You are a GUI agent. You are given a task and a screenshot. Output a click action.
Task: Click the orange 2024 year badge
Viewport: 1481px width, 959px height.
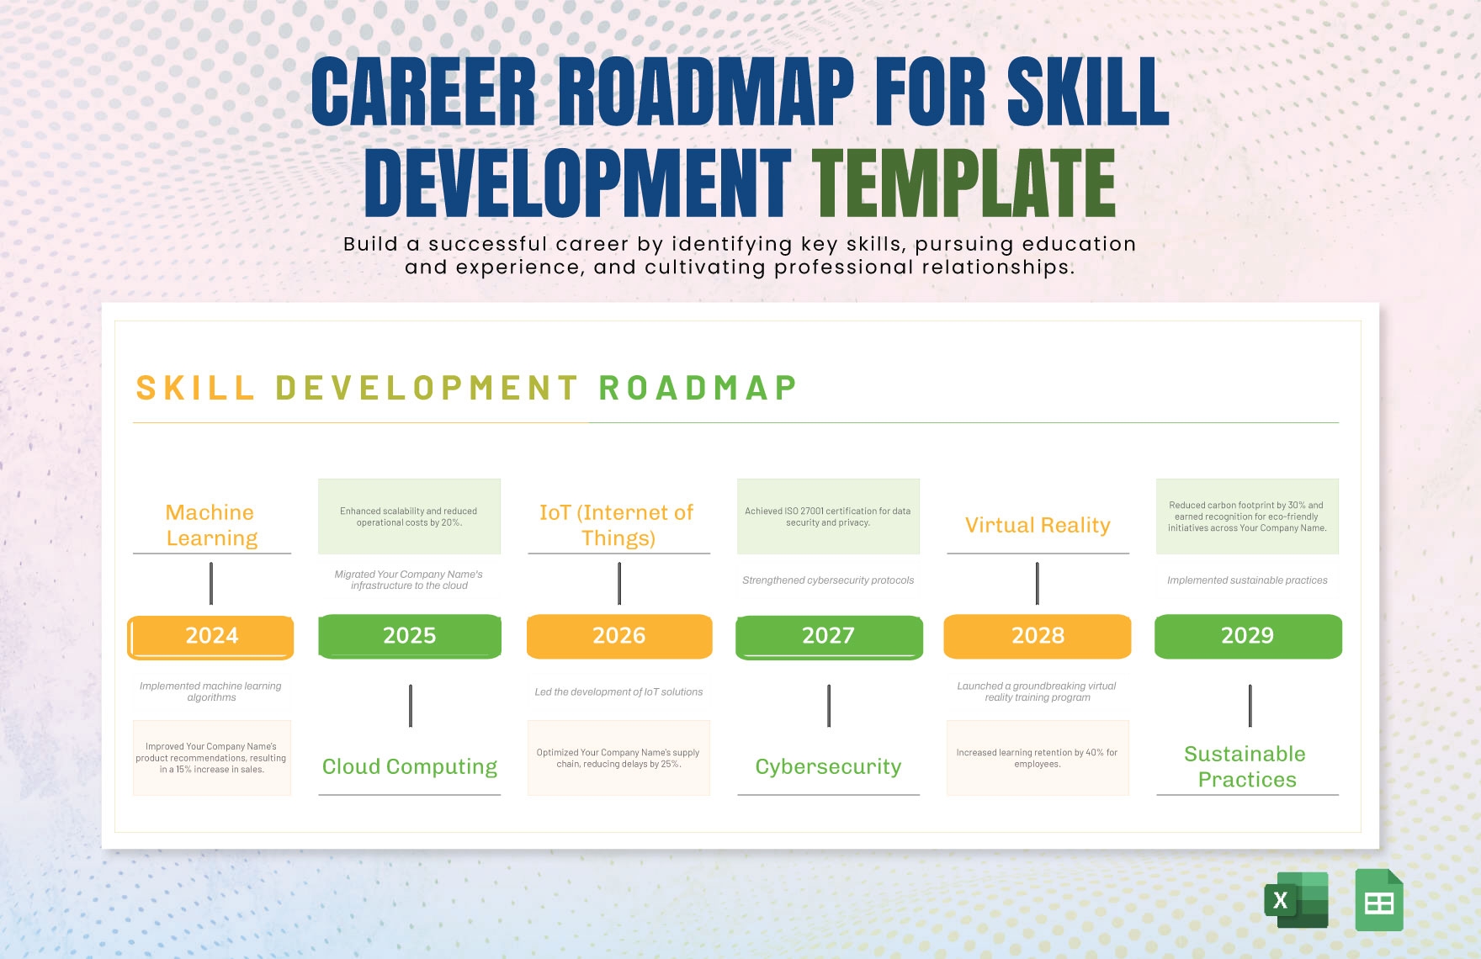[x=211, y=636]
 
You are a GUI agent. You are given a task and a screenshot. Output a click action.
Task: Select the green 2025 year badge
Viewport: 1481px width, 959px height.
[x=410, y=636]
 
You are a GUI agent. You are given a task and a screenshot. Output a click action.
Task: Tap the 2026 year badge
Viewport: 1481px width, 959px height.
[x=619, y=636]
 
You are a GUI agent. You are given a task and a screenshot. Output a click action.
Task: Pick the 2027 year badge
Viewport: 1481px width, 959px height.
[x=829, y=636]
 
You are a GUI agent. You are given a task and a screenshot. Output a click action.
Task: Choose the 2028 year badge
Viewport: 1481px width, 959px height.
[x=1038, y=636]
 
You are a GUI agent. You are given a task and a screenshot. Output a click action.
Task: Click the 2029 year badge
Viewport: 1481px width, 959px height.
[x=1248, y=636]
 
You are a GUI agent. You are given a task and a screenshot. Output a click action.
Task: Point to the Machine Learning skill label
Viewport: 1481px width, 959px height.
[x=211, y=525]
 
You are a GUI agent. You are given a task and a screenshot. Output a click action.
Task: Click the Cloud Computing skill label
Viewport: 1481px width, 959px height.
[x=410, y=766]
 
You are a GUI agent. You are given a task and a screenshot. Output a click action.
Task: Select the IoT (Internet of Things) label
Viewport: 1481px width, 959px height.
[x=618, y=525]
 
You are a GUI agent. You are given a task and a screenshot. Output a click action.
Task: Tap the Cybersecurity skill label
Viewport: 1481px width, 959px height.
[x=828, y=766]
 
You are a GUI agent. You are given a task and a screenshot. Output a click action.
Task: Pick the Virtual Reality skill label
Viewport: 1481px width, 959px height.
[x=1038, y=525]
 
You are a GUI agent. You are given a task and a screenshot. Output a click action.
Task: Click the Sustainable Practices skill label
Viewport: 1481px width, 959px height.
[x=1246, y=766]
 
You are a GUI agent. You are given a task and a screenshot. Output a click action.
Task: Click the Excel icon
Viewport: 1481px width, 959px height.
[x=1296, y=900]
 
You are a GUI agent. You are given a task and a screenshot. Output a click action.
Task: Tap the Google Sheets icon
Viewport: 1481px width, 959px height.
[x=1379, y=900]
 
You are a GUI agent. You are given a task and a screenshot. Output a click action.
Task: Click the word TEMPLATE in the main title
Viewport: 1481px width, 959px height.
[x=963, y=183]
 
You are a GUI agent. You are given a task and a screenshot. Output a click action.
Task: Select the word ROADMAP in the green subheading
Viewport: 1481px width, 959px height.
[x=698, y=388]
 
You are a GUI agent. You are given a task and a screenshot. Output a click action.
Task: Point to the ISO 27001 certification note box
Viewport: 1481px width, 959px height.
[x=828, y=517]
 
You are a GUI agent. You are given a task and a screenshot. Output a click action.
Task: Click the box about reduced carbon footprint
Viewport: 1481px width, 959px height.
[x=1247, y=517]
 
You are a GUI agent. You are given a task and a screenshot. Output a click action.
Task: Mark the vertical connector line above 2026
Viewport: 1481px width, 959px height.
[x=619, y=583]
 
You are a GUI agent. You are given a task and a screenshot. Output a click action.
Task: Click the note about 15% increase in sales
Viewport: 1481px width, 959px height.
[x=211, y=758]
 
